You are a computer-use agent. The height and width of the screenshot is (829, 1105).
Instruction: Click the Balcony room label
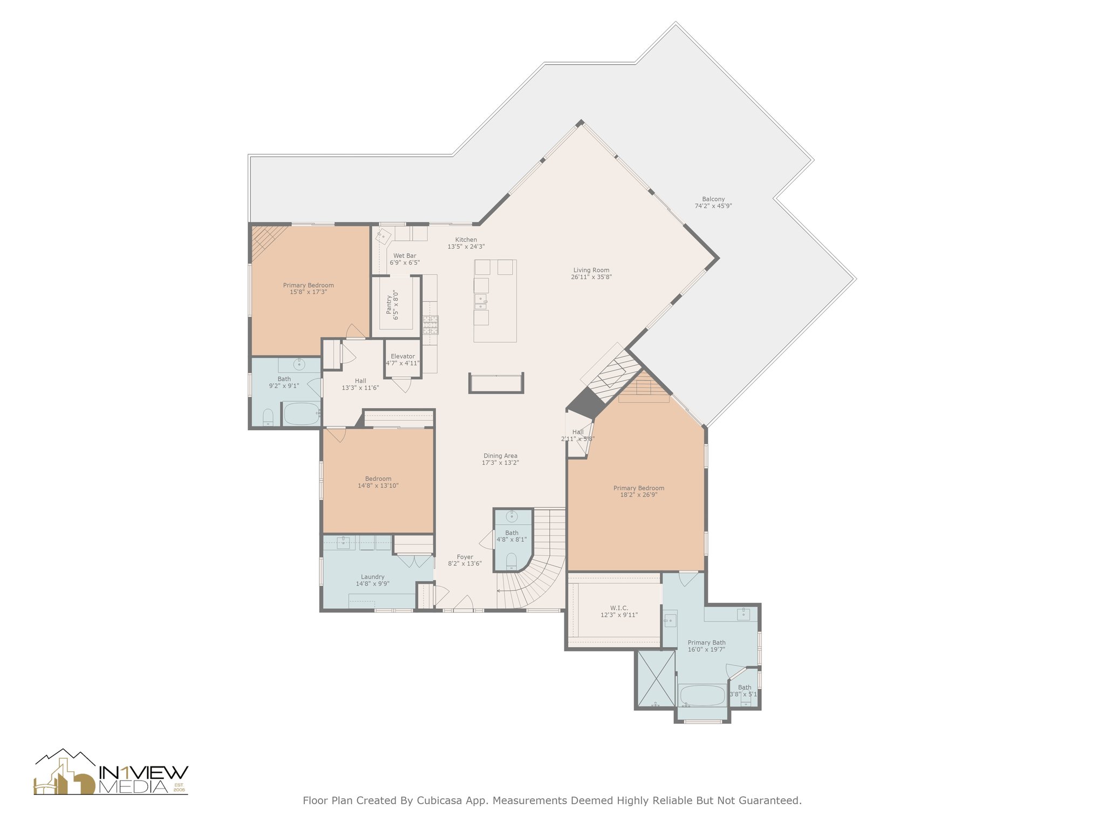713,202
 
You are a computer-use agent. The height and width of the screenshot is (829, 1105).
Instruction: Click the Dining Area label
500,459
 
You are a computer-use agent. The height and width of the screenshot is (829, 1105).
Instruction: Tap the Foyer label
465,560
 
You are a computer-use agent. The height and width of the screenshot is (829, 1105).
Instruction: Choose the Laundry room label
372,580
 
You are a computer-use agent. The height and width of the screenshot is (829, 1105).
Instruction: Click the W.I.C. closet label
619,611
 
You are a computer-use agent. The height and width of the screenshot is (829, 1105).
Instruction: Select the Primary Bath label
706,646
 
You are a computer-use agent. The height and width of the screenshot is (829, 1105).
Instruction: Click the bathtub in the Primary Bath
702,696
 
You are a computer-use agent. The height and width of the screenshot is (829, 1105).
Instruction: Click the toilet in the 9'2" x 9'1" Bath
268,417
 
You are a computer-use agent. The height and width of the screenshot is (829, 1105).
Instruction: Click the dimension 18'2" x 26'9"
639,495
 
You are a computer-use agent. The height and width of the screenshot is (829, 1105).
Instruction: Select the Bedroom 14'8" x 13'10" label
378,482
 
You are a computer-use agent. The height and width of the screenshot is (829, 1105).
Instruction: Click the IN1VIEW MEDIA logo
111,772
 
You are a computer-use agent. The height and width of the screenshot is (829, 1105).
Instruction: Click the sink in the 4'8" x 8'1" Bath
511,517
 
